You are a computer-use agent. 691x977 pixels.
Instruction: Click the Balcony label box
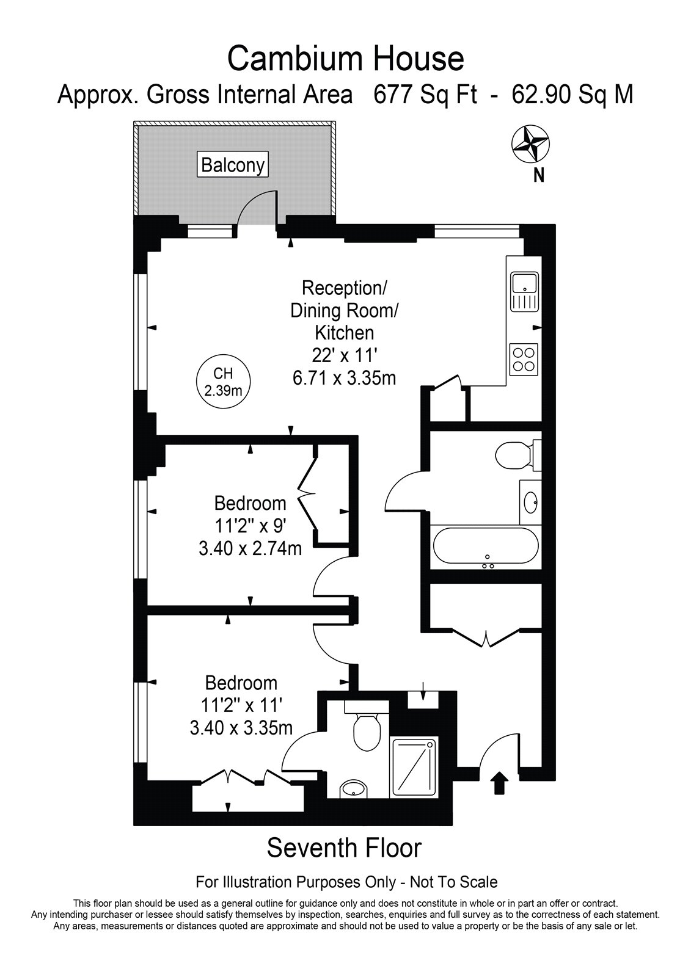click(233, 164)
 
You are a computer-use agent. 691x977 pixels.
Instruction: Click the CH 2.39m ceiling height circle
click(223, 381)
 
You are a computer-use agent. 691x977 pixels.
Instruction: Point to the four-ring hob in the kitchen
click(524, 360)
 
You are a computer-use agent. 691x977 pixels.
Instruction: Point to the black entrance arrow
click(500, 782)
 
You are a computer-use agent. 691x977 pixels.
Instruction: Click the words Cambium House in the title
click(345, 59)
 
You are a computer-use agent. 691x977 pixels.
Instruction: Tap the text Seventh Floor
click(345, 847)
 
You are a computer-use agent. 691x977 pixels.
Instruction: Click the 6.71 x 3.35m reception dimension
click(345, 378)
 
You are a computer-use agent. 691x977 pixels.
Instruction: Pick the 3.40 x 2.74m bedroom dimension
click(250, 548)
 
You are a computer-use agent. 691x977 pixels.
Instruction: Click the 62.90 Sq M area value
click(572, 94)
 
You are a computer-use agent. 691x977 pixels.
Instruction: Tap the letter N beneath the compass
click(539, 175)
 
